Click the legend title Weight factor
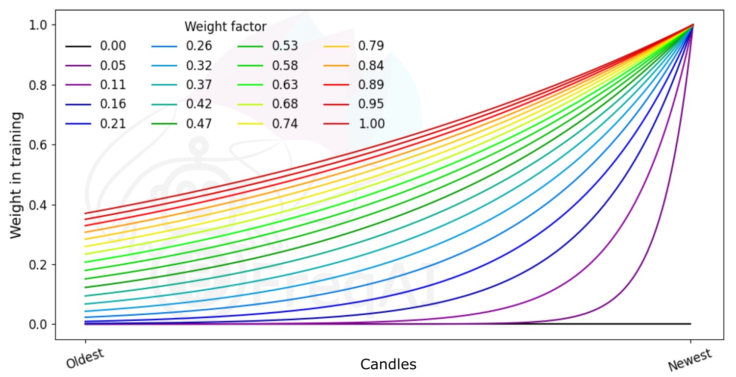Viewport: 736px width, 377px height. (225, 26)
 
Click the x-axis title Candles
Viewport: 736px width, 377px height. (388, 364)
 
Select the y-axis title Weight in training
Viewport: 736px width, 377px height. (17, 175)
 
